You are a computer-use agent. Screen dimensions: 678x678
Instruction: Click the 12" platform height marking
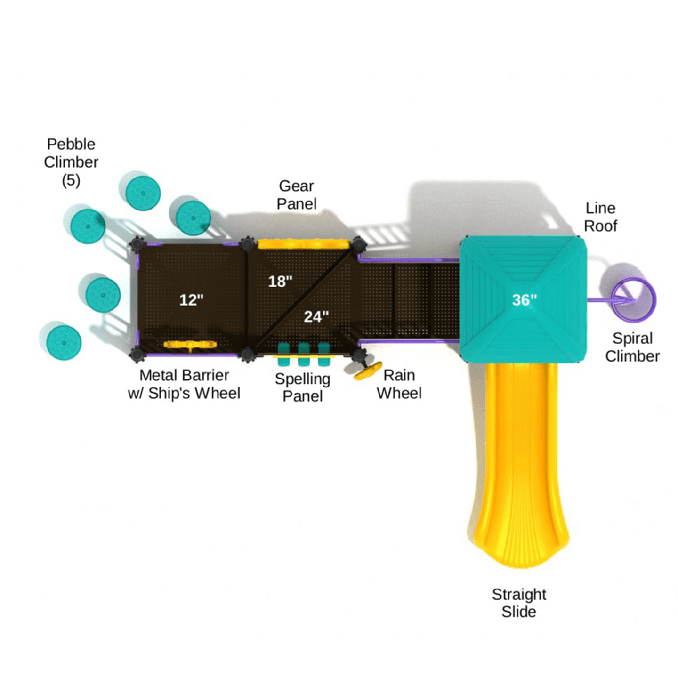191,300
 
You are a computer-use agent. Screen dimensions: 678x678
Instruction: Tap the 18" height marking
280,282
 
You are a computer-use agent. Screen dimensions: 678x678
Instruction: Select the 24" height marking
316,317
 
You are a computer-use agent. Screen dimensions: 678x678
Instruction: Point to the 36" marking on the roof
524,300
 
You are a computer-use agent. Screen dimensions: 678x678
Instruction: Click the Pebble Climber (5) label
71,162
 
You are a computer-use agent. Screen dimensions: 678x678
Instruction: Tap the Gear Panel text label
297,195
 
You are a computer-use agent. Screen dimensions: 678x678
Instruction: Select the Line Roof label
600,217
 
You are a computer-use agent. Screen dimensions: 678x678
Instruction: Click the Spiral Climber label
632,347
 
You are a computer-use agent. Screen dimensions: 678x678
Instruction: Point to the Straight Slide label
519,603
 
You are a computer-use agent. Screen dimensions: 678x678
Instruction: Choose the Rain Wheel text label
399,384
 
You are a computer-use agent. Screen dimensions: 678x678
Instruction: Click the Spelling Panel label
303,387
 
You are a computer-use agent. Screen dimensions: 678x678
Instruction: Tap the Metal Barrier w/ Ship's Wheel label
184,384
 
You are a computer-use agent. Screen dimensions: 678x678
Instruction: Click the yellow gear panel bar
304,244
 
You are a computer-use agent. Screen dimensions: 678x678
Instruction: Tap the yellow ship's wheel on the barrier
190,345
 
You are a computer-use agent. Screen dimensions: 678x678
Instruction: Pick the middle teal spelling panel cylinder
304,354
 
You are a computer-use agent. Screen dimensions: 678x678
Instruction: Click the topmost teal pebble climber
143,193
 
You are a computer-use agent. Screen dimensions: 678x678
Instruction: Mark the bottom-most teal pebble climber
64,342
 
